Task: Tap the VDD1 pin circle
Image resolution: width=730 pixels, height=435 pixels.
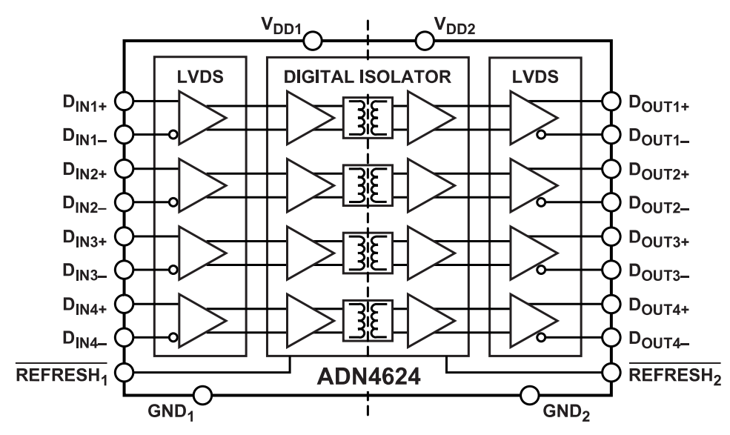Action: tap(311, 39)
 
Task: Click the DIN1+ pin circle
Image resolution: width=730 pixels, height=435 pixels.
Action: tap(125, 101)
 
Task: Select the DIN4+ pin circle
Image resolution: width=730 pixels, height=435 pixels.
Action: tap(125, 303)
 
